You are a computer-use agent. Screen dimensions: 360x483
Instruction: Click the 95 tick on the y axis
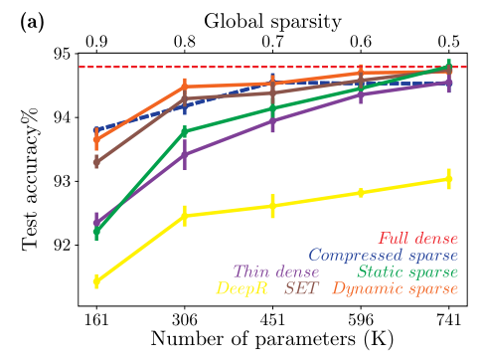[x=61, y=54]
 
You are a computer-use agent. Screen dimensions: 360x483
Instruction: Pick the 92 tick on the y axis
[x=61, y=245]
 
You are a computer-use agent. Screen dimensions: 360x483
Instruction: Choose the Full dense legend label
[x=417, y=239]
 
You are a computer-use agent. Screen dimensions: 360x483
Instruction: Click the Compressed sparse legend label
[x=382, y=256]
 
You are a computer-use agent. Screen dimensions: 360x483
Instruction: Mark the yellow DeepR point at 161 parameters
[x=96, y=281]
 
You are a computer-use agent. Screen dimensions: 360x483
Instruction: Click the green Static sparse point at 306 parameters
[x=185, y=131]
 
